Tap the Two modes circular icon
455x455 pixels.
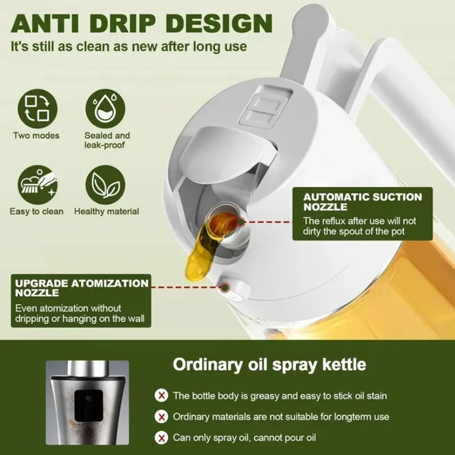(37, 108)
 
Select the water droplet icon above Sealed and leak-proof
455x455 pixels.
(105, 108)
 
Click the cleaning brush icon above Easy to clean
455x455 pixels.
(37, 185)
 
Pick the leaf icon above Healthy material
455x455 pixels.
(105, 185)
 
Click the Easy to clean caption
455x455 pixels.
(37, 211)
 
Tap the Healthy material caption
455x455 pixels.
(107, 211)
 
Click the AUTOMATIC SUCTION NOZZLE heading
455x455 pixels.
(362, 202)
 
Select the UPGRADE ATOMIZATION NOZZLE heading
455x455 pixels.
(82, 288)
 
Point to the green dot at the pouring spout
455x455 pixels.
(241, 222)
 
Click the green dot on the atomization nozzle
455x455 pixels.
(225, 287)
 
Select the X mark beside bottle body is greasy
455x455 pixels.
(162, 402)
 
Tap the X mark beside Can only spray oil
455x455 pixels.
(162, 438)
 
